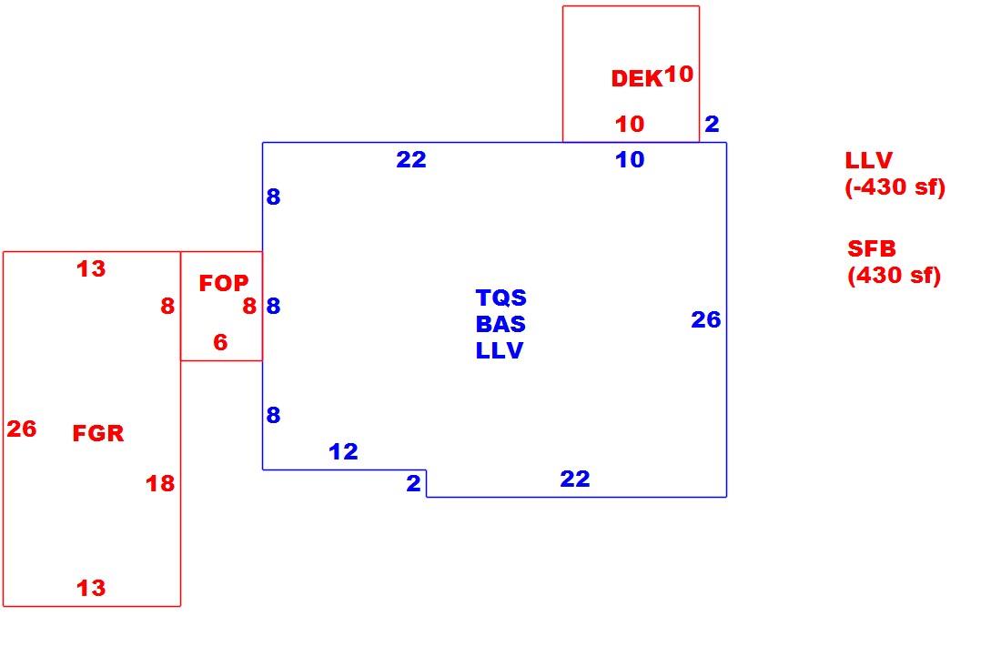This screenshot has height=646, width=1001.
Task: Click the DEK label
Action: (636, 78)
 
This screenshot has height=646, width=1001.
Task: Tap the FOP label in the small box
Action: (224, 283)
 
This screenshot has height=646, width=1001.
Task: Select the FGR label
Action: (97, 433)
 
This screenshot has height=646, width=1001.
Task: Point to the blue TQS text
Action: (501, 298)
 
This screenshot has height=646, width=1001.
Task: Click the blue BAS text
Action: (500, 324)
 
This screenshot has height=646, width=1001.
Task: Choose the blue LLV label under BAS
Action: (500, 349)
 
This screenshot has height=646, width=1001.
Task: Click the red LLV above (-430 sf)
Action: (868, 159)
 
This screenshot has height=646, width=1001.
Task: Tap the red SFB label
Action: (872, 247)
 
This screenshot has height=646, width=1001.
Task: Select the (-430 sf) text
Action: (895, 187)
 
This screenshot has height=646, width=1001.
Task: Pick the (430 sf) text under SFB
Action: (894, 275)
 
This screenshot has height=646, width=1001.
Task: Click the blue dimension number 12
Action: (343, 451)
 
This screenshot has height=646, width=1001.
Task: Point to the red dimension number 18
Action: (159, 483)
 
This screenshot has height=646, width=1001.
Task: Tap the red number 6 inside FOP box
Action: (220, 342)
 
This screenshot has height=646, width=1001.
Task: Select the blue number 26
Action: (706, 319)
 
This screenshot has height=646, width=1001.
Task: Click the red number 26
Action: (22, 429)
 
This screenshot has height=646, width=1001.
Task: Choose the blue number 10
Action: (630, 159)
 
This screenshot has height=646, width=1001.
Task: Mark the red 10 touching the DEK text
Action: (679, 74)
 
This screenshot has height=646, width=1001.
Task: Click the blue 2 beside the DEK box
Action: (712, 123)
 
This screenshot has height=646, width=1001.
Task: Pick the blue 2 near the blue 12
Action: (414, 483)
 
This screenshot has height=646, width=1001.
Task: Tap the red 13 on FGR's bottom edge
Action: (91, 587)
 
